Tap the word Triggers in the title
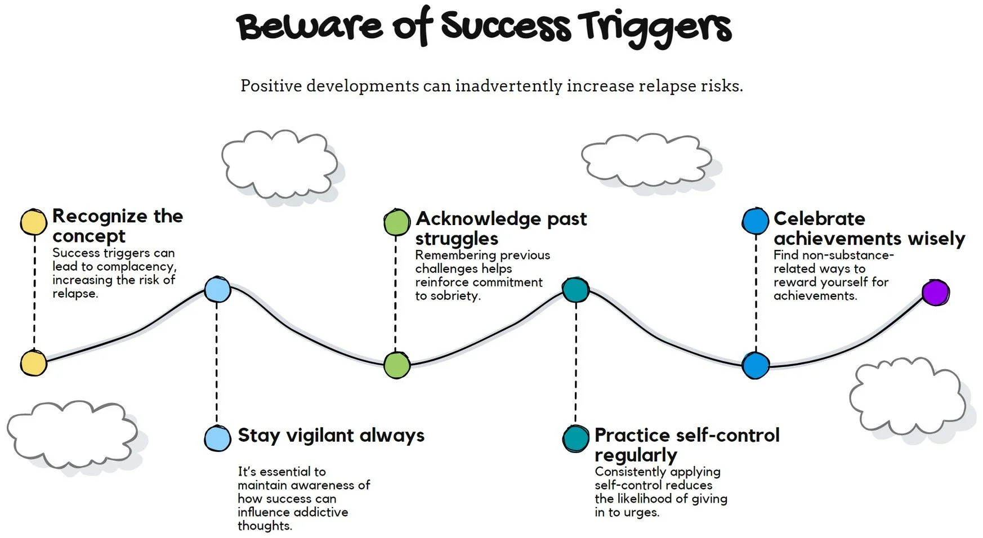[x=655, y=28]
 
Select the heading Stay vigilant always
[x=331, y=436]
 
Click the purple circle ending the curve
[x=936, y=293]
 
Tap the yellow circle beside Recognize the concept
[x=34, y=222]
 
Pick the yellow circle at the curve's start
[x=34, y=363]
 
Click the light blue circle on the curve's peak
[x=217, y=290]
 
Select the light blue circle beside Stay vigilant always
[x=217, y=438]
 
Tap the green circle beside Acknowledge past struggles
[x=397, y=222]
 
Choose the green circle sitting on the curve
[x=397, y=365]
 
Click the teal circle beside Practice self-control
[x=575, y=438]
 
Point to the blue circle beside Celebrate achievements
[x=756, y=221]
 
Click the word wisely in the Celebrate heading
[x=936, y=239]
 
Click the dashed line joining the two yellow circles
[x=34, y=293]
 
